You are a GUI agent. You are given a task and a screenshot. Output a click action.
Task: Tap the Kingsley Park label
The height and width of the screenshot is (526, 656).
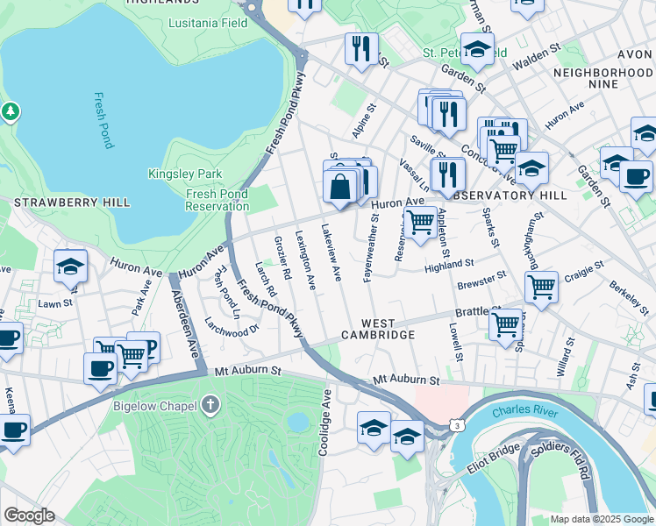[x=185, y=174]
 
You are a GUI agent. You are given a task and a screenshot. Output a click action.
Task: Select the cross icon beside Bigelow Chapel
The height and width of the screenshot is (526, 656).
[x=209, y=405]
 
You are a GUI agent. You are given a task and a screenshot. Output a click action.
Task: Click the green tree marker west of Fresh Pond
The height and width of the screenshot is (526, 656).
[x=10, y=111]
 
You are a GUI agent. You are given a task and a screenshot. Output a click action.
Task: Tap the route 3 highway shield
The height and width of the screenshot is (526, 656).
[x=457, y=425]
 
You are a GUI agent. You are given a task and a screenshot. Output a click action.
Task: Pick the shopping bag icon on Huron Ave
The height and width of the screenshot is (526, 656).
[x=339, y=187]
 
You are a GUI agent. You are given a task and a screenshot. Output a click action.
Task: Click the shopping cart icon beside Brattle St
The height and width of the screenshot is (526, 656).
[x=506, y=323]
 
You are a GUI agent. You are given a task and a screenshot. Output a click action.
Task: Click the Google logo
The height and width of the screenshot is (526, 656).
[x=29, y=515]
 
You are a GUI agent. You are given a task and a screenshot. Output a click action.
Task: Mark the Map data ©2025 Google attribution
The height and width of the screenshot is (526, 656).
[x=601, y=519]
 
